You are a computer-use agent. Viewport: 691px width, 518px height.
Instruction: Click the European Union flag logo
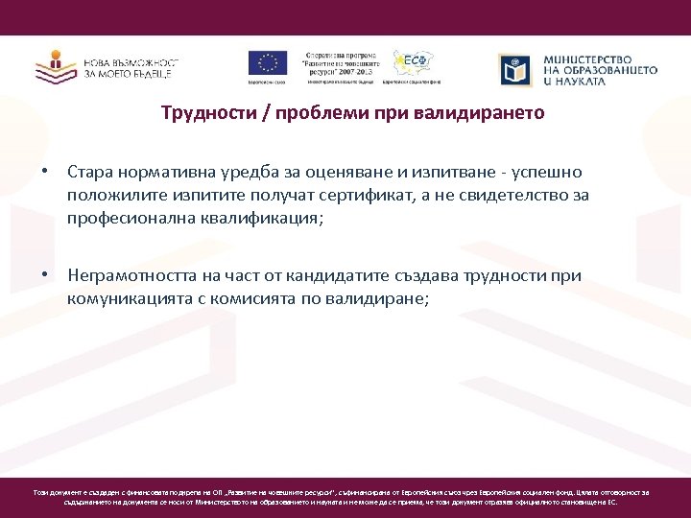coord(268,63)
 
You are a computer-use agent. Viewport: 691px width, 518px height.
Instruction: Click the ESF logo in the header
coord(414,64)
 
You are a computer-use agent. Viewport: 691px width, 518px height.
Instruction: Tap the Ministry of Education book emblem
coord(515,69)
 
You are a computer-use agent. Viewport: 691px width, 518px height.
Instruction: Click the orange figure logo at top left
coord(56,65)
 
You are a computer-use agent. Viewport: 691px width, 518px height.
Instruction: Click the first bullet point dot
coord(44,172)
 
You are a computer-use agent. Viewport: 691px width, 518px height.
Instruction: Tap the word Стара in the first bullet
coord(91,172)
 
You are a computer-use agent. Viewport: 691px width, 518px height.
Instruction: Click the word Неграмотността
coord(131,276)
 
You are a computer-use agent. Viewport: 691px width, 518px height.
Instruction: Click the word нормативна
coord(169,172)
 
